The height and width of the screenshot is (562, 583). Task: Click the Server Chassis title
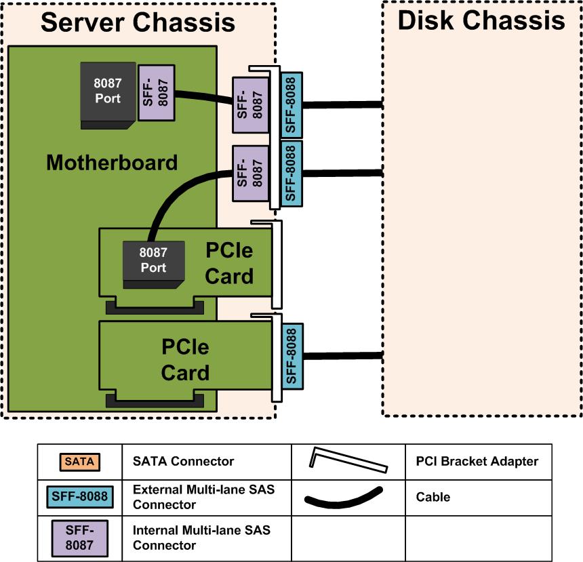[138, 22]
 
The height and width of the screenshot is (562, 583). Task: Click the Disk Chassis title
[481, 20]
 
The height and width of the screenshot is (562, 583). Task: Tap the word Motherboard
[112, 163]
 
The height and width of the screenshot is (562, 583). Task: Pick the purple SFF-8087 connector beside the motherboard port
[157, 93]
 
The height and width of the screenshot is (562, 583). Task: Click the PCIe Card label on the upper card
[229, 263]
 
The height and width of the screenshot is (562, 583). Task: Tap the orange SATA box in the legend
[79, 462]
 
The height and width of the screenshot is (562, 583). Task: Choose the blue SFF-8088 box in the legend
[80, 497]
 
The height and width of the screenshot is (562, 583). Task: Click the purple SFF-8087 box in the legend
[80, 538]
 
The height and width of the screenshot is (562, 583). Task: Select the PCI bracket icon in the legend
[348, 460]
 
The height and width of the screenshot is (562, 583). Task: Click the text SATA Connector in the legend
[183, 462]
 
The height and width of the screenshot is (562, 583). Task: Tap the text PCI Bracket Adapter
[477, 462]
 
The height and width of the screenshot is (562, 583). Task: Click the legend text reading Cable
[433, 497]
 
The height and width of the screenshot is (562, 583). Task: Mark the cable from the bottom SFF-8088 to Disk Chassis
[342, 357]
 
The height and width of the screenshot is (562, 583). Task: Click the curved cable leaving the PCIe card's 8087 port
[169, 197]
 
